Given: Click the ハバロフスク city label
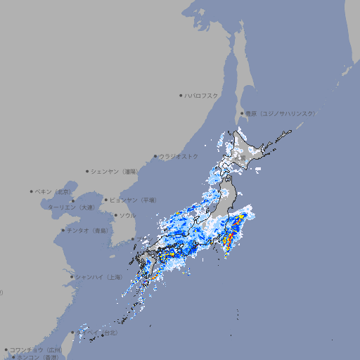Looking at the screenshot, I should (x=202, y=95).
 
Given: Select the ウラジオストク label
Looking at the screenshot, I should (x=179, y=156).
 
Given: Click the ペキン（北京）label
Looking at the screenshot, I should (x=54, y=191).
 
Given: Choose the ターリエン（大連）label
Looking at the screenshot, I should (x=71, y=207).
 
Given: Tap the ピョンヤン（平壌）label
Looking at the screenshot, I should (x=133, y=200).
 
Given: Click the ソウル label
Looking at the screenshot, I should (x=127, y=215).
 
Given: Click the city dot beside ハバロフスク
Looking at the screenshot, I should (x=181, y=95).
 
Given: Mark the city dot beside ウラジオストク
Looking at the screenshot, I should (x=155, y=157).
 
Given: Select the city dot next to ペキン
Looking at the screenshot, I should (x=32, y=191).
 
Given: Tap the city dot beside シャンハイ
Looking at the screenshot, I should (x=72, y=277).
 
